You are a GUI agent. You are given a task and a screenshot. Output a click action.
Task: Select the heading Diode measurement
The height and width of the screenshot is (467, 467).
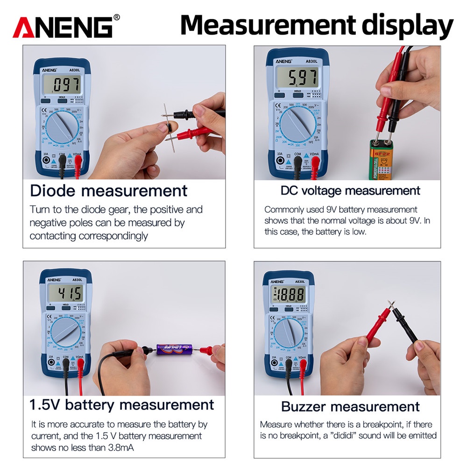tap(108, 191)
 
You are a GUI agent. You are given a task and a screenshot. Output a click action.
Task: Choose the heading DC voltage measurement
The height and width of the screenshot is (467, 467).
tap(350, 191)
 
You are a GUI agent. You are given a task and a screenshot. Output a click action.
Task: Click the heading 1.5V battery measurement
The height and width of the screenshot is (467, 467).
tap(121, 404)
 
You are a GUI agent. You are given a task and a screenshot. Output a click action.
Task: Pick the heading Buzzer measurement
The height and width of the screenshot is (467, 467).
tap(350, 406)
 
